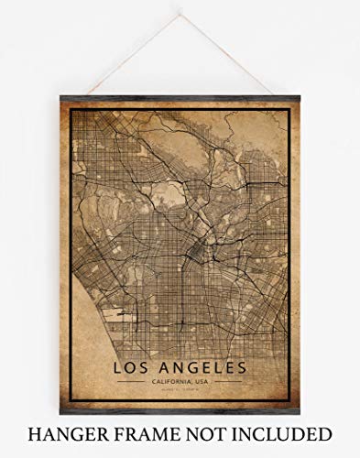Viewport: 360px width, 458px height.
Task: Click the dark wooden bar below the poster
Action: pos(181,411)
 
